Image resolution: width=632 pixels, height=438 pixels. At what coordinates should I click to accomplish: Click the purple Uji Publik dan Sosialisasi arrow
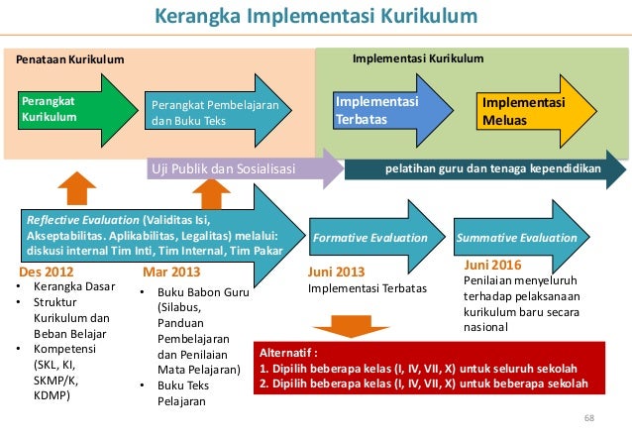233,169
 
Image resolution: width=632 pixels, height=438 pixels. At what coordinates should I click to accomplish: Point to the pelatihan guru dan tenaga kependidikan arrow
485,169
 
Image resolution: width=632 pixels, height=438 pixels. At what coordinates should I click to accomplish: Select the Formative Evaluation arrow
369,238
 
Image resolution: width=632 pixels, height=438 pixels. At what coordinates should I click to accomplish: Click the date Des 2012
47,271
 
